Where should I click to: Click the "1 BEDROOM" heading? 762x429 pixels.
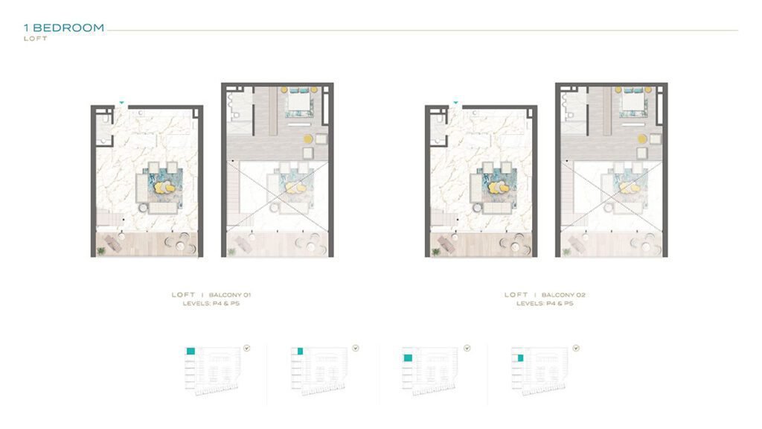[64, 28]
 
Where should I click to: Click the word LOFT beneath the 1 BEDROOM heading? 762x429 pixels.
[36, 39]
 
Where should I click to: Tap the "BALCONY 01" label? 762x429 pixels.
[230, 295]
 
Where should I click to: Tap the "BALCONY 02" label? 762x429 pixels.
[563, 295]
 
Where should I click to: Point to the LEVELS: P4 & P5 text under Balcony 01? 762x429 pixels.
[211, 304]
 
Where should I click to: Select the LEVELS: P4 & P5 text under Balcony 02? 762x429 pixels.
[545, 304]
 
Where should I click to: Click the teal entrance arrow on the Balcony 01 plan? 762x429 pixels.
[121, 103]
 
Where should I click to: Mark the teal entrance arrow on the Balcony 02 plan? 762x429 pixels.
[455, 103]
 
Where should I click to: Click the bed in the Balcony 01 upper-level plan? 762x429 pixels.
[299, 102]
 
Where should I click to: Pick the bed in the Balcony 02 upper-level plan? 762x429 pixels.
[633, 102]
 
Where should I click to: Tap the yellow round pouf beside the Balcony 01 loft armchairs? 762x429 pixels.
[308, 139]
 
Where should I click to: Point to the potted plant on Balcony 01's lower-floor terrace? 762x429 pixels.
[101, 251]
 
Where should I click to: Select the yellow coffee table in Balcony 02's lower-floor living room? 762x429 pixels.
[498, 187]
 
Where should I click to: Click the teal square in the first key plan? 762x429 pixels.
[191, 351]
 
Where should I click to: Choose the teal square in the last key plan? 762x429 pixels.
[520, 358]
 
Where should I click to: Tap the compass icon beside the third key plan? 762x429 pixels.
[467, 349]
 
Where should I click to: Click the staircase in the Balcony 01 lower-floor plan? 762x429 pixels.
[109, 217]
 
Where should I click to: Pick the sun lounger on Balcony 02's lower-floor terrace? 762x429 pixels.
[446, 244]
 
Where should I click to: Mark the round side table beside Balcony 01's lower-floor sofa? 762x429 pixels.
[144, 208]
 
